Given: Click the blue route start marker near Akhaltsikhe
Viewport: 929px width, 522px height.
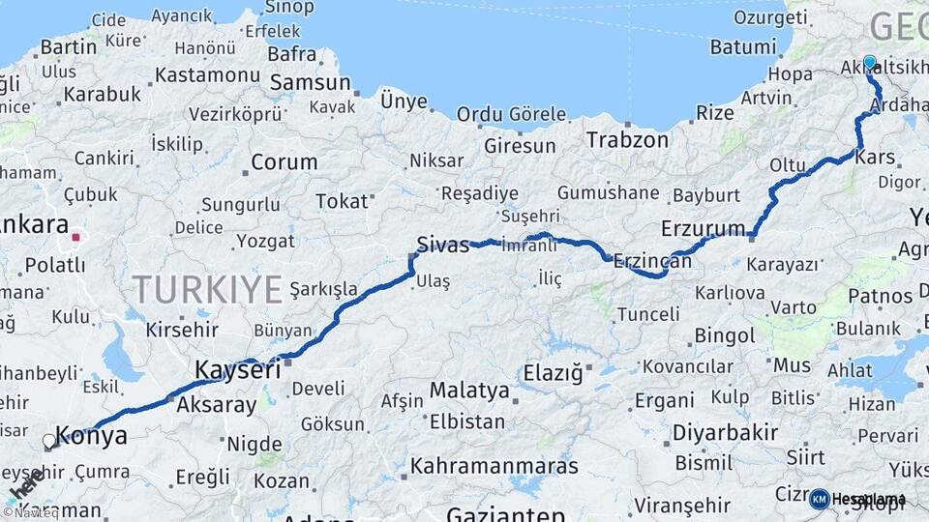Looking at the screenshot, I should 869,63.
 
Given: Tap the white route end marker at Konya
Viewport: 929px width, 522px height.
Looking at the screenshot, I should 49,442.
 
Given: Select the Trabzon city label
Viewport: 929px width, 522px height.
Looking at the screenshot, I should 627,140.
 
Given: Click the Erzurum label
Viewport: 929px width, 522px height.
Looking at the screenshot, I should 704,229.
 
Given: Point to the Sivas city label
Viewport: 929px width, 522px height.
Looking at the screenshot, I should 442,244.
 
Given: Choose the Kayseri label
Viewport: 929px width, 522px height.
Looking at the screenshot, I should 238,369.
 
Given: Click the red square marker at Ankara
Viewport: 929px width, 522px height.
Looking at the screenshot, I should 76,235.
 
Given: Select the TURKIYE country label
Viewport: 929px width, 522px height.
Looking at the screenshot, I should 207,288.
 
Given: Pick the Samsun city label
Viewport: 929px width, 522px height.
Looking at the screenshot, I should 310,83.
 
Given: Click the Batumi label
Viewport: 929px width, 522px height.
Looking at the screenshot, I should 743,46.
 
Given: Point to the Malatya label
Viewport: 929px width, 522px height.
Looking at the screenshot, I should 469,391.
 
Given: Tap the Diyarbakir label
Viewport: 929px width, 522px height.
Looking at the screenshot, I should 726,432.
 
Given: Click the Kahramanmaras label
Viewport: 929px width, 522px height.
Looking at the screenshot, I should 494,466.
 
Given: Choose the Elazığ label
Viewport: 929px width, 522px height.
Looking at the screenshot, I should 554,372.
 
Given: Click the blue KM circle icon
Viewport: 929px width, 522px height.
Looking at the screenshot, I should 819,499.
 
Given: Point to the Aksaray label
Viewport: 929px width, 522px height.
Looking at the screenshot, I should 217,405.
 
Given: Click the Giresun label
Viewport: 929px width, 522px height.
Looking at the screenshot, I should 520,146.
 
